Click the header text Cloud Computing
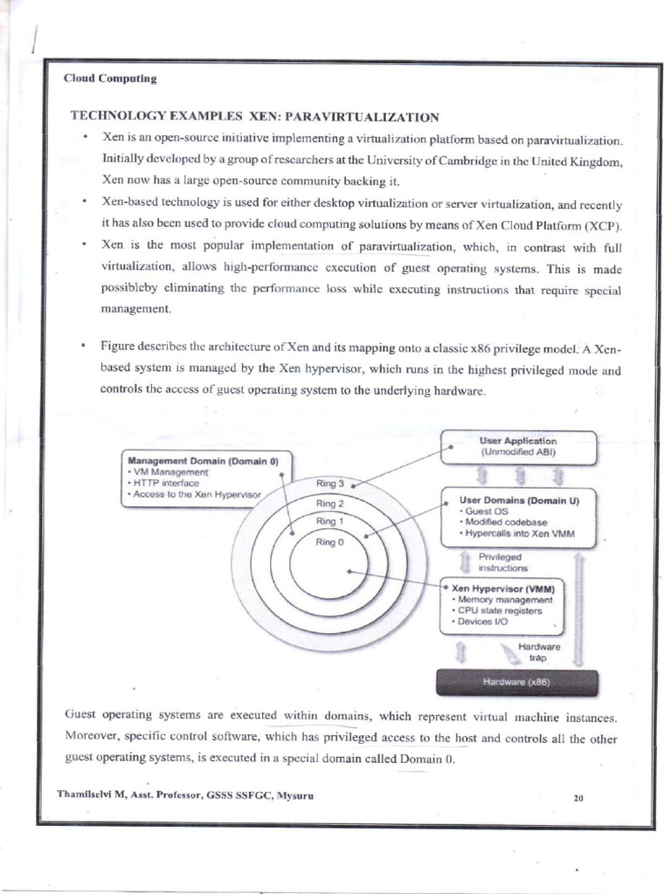(x=110, y=79)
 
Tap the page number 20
(x=578, y=797)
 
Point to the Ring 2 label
(x=329, y=504)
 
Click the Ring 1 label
(x=329, y=522)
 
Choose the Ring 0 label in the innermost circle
(x=329, y=542)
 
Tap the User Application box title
(x=518, y=441)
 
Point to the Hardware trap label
(x=537, y=651)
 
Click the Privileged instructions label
(x=501, y=561)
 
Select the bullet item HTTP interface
(x=166, y=483)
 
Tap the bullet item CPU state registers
(x=500, y=610)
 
